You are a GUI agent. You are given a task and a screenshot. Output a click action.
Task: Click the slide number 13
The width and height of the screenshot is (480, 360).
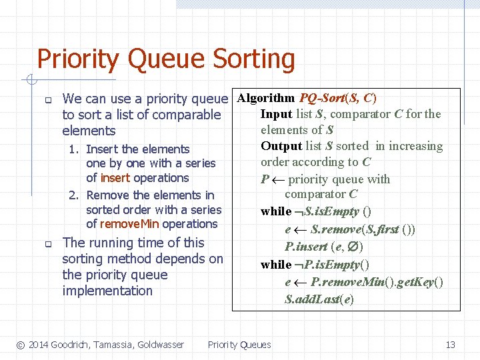point(450,345)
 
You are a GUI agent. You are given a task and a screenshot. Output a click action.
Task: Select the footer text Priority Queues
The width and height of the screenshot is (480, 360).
point(239,345)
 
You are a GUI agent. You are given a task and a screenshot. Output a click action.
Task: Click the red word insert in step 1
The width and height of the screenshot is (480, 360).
point(115,178)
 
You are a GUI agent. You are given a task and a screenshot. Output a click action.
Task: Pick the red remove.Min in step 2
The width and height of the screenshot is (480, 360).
point(130,224)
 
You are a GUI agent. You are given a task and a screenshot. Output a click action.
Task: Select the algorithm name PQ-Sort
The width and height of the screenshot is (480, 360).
point(323,98)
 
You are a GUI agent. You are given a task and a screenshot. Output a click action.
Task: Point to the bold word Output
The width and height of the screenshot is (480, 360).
point(281,146)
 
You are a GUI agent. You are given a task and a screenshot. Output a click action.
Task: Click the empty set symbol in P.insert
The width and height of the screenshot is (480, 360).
point(355,247)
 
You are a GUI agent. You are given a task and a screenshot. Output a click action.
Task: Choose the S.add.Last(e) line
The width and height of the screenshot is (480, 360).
point(319,299)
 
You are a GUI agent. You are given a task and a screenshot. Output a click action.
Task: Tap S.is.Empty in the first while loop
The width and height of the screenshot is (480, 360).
point(332,211)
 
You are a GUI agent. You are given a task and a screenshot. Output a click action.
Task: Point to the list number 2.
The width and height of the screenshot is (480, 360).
point(75,195)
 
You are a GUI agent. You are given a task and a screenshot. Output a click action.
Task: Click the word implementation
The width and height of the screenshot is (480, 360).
point(107,291)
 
